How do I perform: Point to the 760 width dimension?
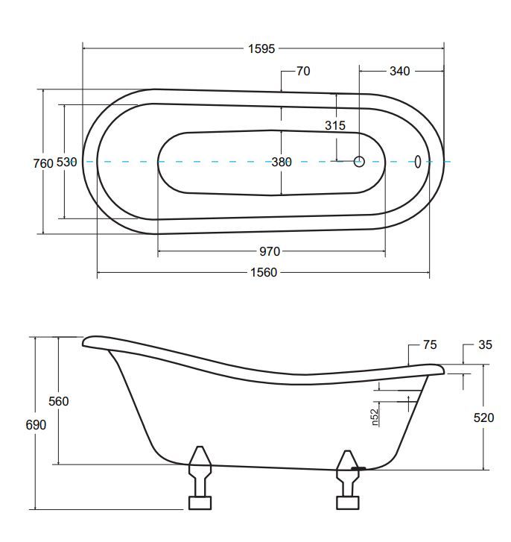tap(43, 163)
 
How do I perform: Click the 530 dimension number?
tap(67, 163)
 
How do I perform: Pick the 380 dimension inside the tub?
tap(281, 162)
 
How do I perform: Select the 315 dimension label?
tap(335, 126)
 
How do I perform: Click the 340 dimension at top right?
tap(399, 72)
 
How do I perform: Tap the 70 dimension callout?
tap(303, 72)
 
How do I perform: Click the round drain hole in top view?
tap(359, 161)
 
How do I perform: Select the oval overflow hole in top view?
tap(418, 161)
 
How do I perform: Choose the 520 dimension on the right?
tap(483, 418)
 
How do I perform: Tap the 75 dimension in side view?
tap(429, 344)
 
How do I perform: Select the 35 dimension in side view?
tap(485, 344)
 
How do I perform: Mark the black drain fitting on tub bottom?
tap(359, 469)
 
